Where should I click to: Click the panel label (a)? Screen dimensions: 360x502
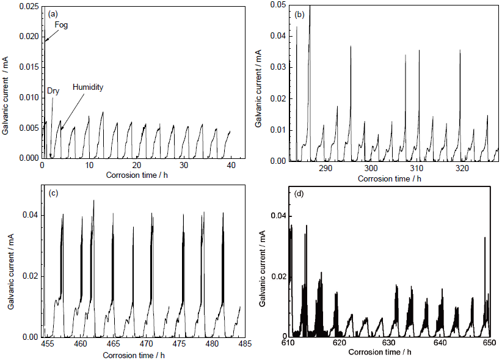53,12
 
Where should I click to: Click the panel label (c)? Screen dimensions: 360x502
53,193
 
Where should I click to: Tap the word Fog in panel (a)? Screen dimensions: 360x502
62,25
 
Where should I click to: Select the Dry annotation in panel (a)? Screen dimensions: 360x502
54,91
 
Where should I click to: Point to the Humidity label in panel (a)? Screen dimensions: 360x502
88,87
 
